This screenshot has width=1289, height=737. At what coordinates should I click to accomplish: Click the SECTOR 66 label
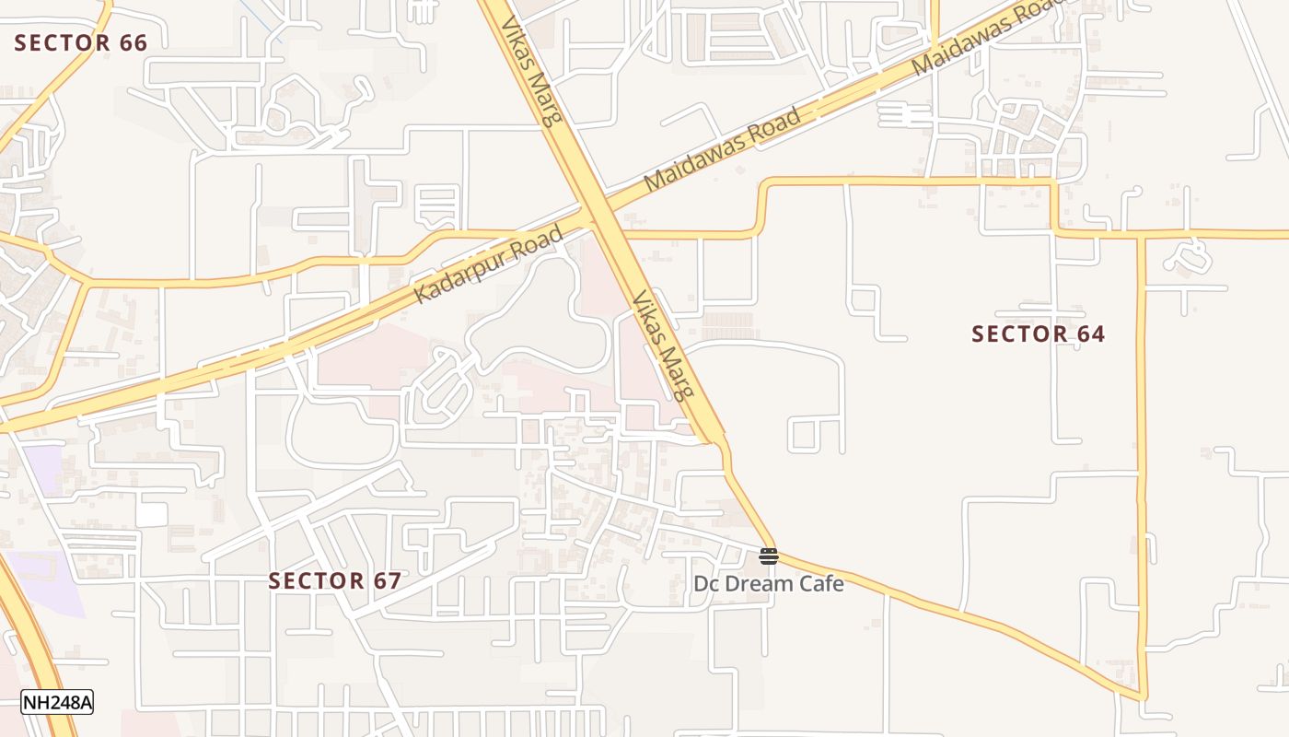coord(81,42)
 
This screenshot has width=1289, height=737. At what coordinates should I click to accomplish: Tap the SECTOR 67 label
coord(335,580)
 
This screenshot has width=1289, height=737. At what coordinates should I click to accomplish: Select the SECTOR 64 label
coord(1039,333)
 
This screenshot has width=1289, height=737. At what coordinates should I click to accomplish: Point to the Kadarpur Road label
coord(489,265)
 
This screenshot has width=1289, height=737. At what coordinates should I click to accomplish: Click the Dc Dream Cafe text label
coord(769,583)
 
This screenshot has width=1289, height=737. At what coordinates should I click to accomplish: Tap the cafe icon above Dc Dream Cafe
coord(769,556)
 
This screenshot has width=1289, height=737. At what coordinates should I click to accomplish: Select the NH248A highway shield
coord(57,702)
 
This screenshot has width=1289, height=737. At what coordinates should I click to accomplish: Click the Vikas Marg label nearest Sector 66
coord(531,66)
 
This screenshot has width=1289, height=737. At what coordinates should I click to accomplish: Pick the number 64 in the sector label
coord(1090,333)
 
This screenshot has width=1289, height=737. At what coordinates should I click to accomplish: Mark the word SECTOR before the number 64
coord(1012,333)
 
